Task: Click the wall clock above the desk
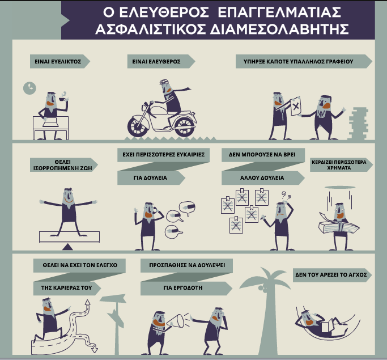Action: [29, 88]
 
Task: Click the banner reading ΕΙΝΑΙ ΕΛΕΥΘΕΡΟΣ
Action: [161, 61]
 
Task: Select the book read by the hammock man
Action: [326, 328]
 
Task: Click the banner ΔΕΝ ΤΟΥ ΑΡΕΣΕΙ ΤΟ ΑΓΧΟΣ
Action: [332, 274]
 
